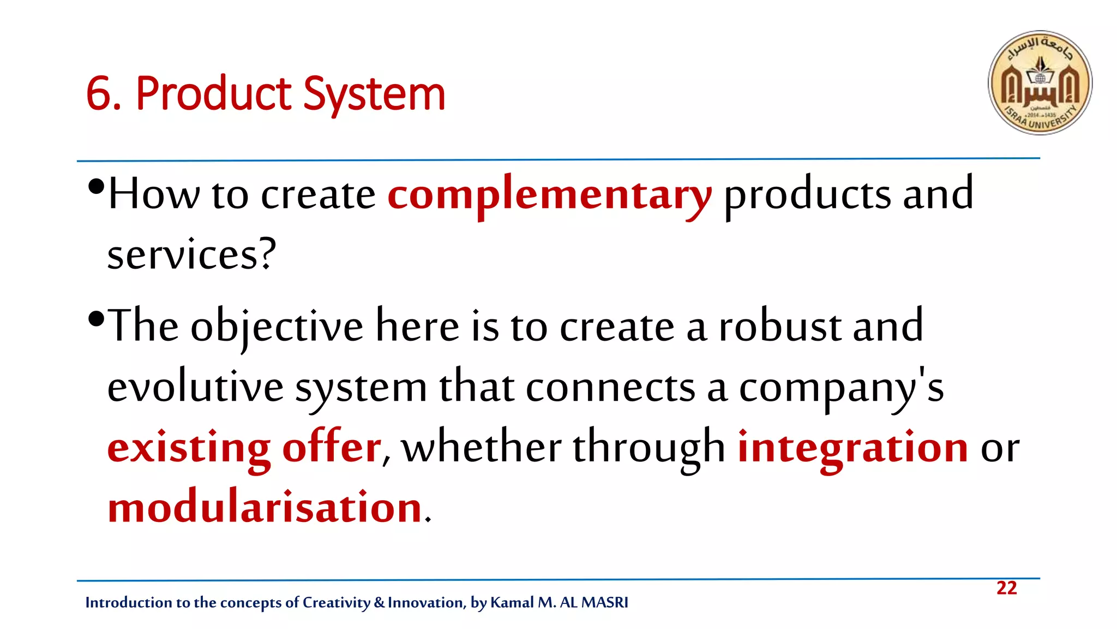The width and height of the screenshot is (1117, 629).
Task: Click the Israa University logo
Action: tap(1040, 82)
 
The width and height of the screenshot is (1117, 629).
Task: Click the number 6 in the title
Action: tap(99, 94)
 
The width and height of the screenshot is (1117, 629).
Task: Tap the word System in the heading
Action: tap(374, 94)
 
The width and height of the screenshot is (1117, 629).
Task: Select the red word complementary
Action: tap(549, 195)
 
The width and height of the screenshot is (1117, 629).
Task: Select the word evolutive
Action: tap(195, 387)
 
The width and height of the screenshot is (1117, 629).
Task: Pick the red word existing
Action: tap(189, 448)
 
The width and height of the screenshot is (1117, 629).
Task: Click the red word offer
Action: tap(331, 447)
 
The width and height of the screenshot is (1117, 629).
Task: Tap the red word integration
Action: tap(852, 448)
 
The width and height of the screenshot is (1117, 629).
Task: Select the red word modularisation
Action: tap(265, 507)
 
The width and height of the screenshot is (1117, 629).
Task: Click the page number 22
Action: tap(1006, 588)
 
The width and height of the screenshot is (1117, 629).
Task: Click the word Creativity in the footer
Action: tap(336, 602)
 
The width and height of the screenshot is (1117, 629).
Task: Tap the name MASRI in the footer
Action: tap(605, 602)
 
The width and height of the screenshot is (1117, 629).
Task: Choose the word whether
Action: tap(481, 447)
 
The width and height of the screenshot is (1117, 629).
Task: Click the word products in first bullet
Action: tap(807, 195)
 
